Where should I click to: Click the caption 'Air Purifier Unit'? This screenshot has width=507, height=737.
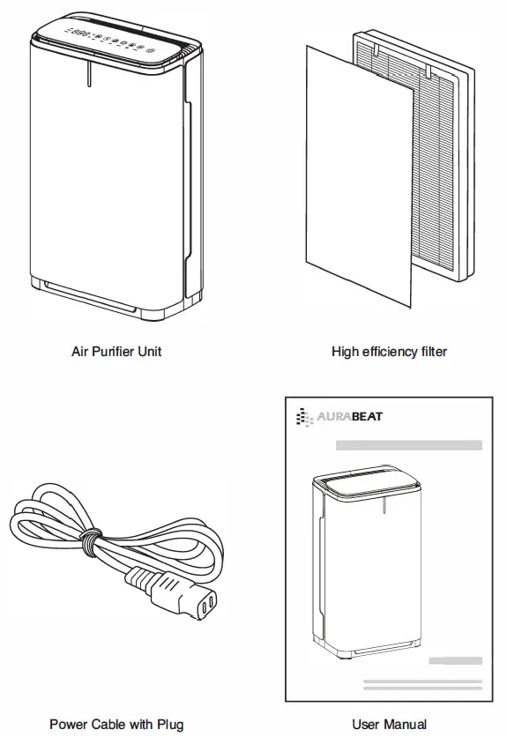click(x=116, y=352)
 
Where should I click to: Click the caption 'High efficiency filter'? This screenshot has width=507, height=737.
click(x=389, y=352)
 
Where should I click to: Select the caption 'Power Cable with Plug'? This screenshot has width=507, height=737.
click(x=116, y=724)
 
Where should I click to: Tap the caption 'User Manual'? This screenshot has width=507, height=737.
click(x=389, y=724)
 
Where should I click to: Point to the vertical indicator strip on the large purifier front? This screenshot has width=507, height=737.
click(x=89, y=74)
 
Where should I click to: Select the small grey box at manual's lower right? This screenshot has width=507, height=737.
click(x=455, y=661)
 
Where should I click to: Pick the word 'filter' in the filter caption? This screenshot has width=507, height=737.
click(x=430, y=352)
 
